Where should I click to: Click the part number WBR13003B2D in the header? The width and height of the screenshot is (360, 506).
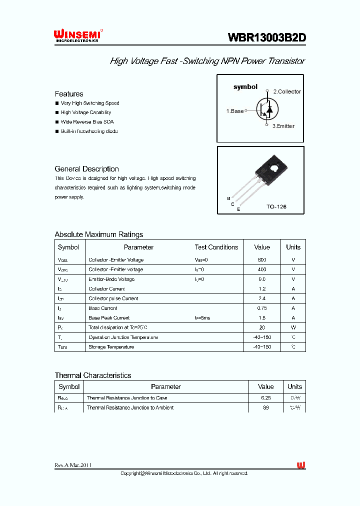pos(267,38)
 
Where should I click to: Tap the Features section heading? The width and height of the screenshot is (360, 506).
pos(69,94)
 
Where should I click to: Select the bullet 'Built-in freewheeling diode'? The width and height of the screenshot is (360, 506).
pos(89,131)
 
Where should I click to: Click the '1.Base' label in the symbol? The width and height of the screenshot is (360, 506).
pos(235,111)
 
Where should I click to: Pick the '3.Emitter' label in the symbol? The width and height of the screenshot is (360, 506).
pos(283,126)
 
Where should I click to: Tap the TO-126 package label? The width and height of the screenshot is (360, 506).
pos(276,206)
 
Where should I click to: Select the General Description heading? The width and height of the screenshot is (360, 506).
pos(86,169)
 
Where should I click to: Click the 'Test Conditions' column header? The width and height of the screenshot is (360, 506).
pos(216,247)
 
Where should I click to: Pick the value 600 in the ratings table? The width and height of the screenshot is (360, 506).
pos(262,260)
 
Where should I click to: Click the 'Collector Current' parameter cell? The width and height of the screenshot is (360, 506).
pos(106,289)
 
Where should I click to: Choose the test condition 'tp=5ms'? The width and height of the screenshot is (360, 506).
pos(202,318)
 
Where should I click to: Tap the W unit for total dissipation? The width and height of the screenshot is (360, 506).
pos(293,327)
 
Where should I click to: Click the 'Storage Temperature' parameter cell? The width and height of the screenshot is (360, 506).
pos(111,347)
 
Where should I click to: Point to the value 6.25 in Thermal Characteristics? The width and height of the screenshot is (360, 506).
pos(265,398)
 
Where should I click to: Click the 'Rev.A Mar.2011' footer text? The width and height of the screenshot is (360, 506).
pos(73,465)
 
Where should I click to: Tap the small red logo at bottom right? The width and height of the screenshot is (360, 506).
pos(301,465)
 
